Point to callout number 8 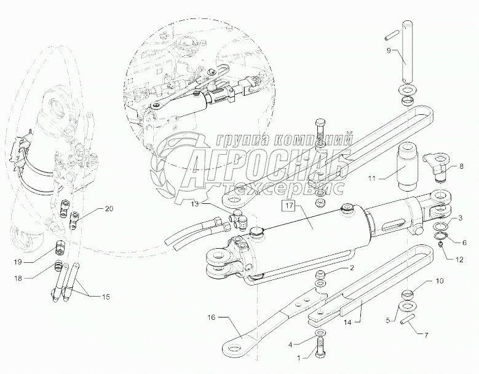pos(460,166)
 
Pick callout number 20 pos(109,209)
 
